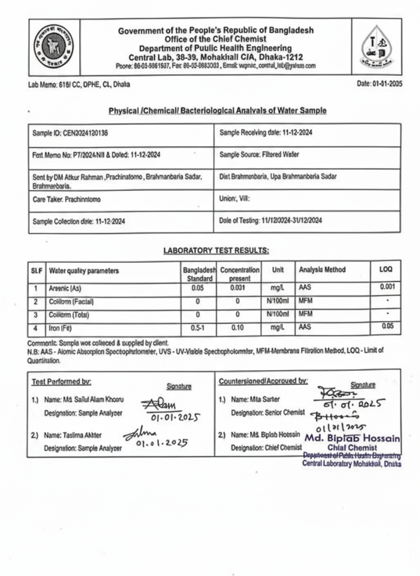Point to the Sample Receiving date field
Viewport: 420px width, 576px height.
tap(266, 133)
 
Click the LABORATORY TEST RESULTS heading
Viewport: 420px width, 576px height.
tap(216, 250)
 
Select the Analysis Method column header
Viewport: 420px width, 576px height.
tap(322, 270)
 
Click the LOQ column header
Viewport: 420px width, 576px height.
tap(386, 270)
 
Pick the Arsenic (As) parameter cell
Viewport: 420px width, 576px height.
tap(66, 289)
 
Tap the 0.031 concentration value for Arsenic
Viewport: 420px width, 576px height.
tap(239, 289)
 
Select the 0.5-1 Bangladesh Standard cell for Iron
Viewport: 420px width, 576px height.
tap(198, 327)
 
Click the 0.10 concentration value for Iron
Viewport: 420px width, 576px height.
tap(239, 327)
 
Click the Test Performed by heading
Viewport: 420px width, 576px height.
tap(61, 381)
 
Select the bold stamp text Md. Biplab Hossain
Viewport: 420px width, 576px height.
tap(352, 438)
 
